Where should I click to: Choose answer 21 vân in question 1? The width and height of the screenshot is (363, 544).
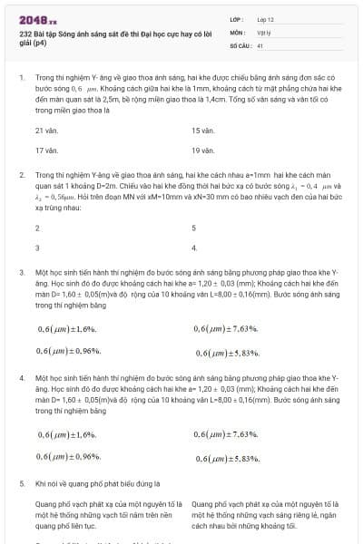[x=46, y=131]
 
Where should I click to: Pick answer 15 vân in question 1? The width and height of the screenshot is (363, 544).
[x=202, y=131]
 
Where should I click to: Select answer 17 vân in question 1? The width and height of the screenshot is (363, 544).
[x=46, y=150]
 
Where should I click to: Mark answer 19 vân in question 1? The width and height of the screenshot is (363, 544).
[x=202, y=150]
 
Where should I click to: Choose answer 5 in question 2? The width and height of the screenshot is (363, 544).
[x=194, y=228]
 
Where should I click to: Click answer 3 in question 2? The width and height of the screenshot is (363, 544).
[x=37, y=247]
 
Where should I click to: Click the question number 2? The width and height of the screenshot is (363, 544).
[x=21, y=173]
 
